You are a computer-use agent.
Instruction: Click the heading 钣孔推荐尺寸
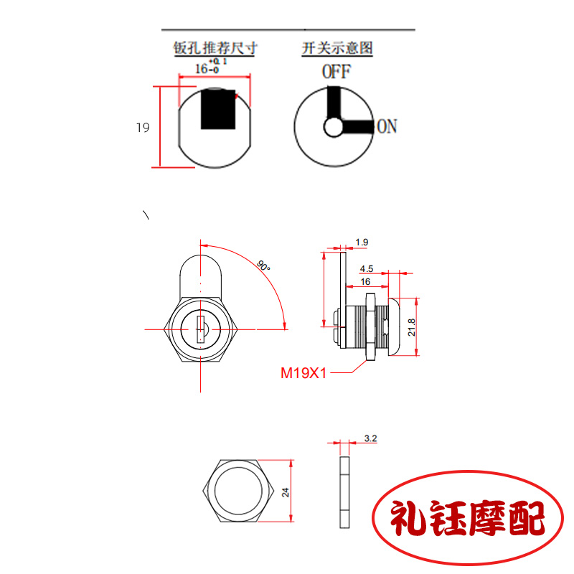point(215,49)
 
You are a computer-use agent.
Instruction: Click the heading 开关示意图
point(337,49)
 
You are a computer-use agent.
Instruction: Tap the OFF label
point(336,72)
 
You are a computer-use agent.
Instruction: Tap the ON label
point(387,127)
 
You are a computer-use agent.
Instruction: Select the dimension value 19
point(142,128)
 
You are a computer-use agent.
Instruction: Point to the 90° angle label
point(263,265)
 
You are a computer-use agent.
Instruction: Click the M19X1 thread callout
point(303,373)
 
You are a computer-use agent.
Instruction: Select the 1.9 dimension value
point(362,243)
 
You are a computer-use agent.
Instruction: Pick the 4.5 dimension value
point(367,269)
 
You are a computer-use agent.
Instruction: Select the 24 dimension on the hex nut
point(286,492)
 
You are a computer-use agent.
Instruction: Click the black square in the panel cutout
point(218,109)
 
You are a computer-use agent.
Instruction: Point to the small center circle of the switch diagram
point(334,127)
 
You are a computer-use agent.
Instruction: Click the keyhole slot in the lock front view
point(200,329)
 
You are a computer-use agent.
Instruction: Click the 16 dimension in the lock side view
point(365,282)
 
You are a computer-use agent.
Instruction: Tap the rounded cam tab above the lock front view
point(201,269)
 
